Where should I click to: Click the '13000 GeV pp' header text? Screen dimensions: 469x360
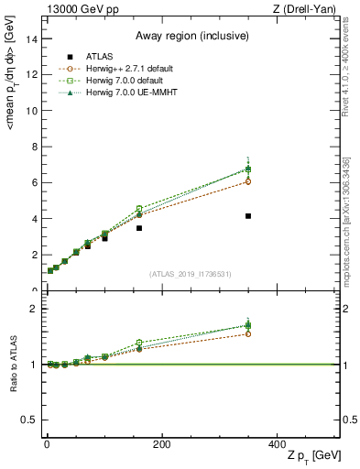point(75,8)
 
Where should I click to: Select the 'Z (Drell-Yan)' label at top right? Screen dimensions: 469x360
point(310,8)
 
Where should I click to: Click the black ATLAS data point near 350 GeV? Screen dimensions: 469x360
point(248,216)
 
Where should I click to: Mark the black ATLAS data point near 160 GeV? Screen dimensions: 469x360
point(139,228)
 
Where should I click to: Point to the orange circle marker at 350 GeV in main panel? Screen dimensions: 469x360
point(248,181)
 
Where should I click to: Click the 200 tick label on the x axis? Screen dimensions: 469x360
point(161,444)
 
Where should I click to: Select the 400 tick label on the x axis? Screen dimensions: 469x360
point(277,444)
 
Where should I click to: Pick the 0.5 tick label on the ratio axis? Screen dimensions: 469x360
point(29,420)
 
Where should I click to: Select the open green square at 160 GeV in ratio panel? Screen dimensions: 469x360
point(139,343)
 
